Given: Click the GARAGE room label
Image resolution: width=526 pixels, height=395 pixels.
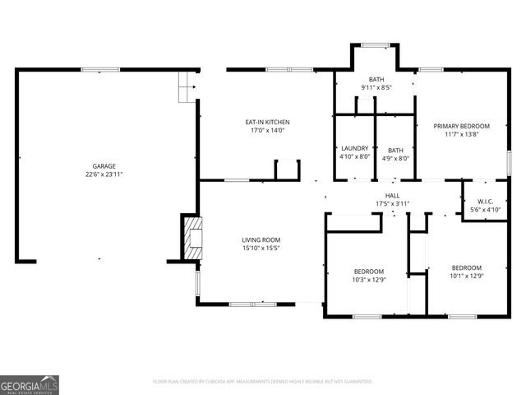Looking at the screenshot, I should (x=104, y=165).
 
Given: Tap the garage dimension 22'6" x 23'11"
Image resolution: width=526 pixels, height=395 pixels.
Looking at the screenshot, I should (x=104, y=174).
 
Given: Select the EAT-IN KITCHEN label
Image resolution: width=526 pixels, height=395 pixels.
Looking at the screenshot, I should (x=267, y=122).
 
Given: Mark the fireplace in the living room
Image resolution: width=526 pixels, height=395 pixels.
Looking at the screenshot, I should (x=191, y=238).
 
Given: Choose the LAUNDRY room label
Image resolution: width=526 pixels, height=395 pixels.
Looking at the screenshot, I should (x=354, y=148).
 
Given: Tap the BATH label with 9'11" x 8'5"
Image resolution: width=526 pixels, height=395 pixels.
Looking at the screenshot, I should (x=376, y=78).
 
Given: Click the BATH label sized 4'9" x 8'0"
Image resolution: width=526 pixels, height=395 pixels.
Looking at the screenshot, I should (x=395, y=150).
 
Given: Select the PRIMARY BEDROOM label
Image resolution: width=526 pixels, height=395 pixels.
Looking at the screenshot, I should (x=461, y=126).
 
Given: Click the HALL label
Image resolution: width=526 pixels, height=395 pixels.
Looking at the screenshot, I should (x=392, y=195).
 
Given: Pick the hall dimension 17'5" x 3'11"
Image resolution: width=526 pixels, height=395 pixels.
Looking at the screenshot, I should (x=392, y=203).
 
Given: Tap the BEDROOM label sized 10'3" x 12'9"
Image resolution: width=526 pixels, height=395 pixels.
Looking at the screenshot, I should (x=368, y=271).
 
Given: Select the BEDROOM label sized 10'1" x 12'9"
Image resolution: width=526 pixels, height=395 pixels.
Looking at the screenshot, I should (x=466, y=267).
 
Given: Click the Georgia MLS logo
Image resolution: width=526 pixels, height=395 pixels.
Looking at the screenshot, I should (x=30, y=385).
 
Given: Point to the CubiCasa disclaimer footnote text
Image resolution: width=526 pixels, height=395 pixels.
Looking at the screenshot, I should (x=263, y=382).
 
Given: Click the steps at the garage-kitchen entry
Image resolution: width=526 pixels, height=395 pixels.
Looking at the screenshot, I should (x=188, y=86).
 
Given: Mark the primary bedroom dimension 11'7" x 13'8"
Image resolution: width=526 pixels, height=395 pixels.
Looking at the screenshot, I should (x=461, y=134).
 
